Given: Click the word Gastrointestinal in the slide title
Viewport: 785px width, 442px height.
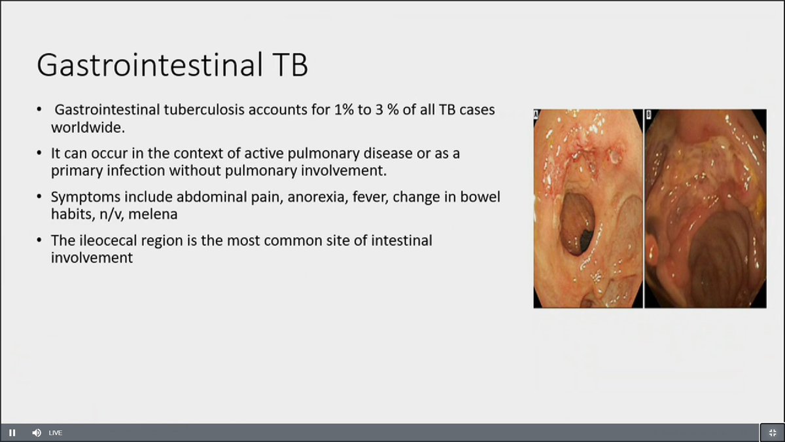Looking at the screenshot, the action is click(150, 65).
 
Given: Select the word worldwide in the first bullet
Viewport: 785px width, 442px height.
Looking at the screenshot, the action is click(88, 127).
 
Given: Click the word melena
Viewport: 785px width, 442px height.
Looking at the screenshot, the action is click(153, 214).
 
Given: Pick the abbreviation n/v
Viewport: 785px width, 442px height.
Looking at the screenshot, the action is click(111, 214).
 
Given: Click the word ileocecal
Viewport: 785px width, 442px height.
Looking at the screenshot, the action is click(108, 241).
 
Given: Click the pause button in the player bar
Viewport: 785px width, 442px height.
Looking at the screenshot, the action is click(12, 433).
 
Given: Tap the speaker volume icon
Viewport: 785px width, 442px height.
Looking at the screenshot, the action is click(37, 433).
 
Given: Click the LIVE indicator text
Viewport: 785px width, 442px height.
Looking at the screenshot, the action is click(56, 433).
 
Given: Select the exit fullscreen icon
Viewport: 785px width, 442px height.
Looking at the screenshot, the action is click(773, 433).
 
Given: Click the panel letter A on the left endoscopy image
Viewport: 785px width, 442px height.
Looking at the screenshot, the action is click(536, 115).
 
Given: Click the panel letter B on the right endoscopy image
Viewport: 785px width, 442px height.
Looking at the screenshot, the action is click(648, 115).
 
